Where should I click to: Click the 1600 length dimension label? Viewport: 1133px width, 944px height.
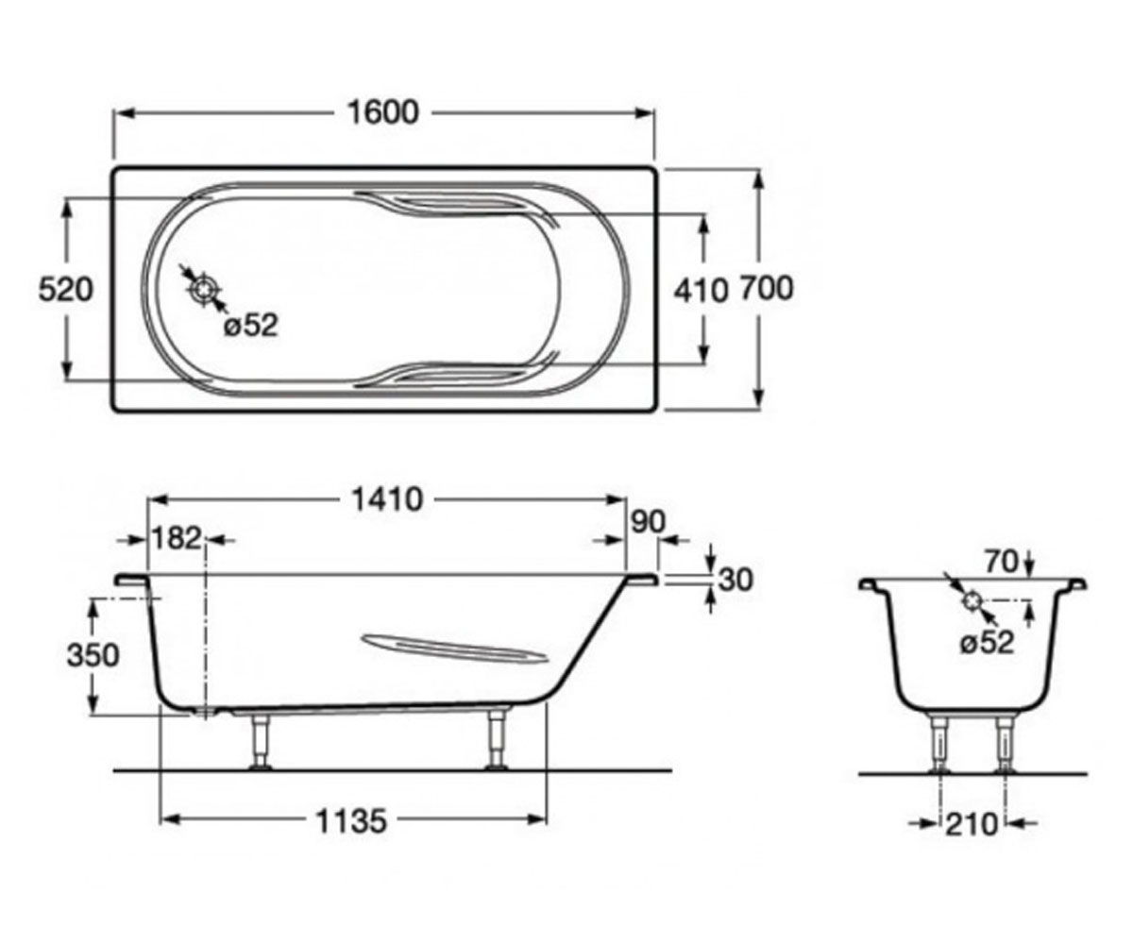point(383,113)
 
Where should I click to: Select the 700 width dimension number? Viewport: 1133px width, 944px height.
point(767,288)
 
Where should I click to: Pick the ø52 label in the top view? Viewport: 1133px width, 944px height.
point(251,326)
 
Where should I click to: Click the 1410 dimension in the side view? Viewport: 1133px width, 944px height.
point(387,499)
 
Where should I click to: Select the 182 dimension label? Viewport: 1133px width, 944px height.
point(177,539)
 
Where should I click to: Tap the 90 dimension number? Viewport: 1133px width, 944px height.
point(648,522)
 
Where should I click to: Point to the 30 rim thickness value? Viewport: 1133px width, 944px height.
point(736,580)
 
